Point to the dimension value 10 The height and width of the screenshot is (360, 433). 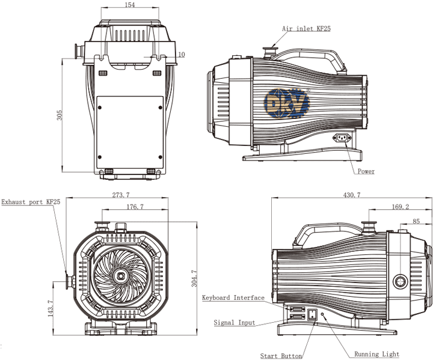[181, 55]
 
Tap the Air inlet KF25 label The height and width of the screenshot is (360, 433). [307, 28]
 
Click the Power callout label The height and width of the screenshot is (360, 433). [366, 171]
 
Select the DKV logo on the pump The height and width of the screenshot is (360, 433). [288, 103]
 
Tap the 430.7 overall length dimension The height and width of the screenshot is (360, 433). [351, 195]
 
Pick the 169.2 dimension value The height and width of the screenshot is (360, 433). [399, 207]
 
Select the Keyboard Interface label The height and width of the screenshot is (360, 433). [233, 298]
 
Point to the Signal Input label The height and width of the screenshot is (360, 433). [235, 323]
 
